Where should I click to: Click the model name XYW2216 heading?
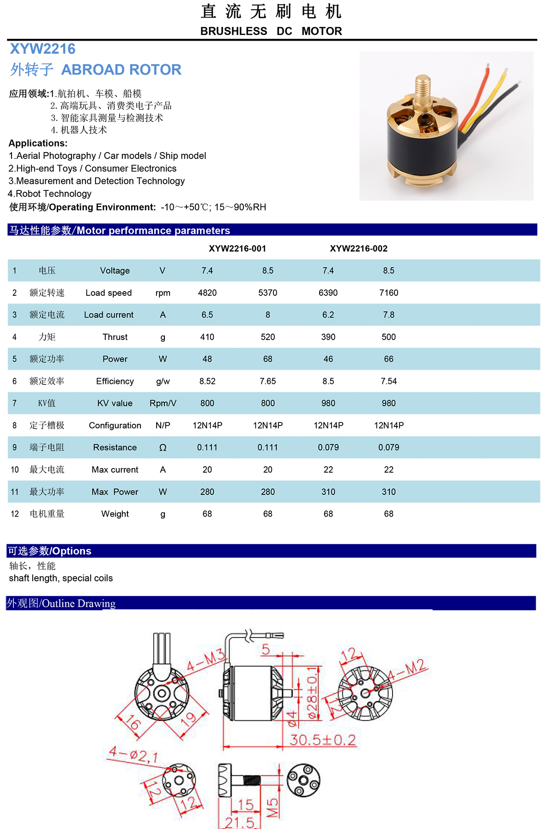(42, 49)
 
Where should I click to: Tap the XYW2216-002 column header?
(358, 249)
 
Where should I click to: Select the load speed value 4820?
(207, 293)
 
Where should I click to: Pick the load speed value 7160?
(388, 293)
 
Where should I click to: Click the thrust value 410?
(207, 337)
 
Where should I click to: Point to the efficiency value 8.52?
(207, 381)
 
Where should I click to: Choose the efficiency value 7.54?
(388, 381)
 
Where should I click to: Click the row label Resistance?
(115, 448)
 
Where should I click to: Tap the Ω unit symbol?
(163, 448)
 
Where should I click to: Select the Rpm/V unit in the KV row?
(163, 403)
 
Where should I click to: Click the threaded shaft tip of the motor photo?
(423, 84)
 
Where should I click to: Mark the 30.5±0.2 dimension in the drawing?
(322, 740)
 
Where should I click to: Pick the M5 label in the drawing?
(273, 807)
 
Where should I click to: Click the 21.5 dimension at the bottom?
(240, 822)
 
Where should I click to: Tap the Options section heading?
(50, 551)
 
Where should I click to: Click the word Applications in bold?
(38, 143)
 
